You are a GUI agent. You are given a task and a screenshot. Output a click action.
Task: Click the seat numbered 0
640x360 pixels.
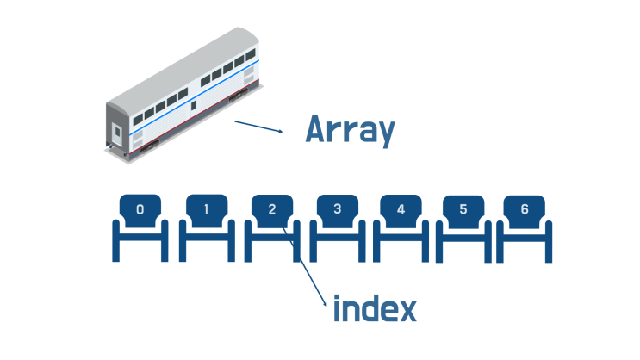pyautogui.click(x=140, y=227)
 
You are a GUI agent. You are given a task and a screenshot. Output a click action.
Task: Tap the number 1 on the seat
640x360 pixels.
pyautogui.click(x=206, y=209)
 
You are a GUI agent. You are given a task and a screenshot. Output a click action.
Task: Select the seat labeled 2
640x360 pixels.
pyautogui.click(x=272, y=227)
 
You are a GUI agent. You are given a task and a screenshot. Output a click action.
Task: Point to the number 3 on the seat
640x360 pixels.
pyautogui.click(x=337, y=209)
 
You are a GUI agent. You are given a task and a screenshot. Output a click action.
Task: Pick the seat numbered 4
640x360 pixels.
pyautogui.click(x=401, y=227)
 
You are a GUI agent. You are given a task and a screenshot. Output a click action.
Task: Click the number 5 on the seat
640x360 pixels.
pyautogui.click(x=463, y=209)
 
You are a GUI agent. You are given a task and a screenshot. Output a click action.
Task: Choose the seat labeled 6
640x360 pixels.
pyautogui.click(x=524, y=228)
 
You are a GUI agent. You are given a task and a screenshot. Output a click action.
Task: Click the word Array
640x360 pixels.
pyautogui.click(x=351, y=130)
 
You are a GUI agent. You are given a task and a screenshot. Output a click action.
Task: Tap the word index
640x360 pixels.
pyautogui.click(x=375, y=308)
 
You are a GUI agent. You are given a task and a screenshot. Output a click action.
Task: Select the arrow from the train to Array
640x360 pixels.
pyautogui.click(x=258, y=126)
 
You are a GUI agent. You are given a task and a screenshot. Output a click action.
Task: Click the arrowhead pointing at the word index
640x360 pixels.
pyautogui.click(x=325, y=303)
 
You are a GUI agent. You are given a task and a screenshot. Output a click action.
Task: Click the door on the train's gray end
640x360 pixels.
pyautogui.click(x=117, y=133)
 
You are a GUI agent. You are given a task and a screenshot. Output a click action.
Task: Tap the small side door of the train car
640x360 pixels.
pyautogui.click(x=193, y=105)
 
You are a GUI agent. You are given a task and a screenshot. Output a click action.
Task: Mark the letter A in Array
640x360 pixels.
pyautogui.click(x=317, y=128)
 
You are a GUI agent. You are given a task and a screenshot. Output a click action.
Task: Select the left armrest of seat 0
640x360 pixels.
pyautogui.click(x=116, y=240)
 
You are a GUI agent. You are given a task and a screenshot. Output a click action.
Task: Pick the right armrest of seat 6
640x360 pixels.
pyautogui.click(x=549, y=242)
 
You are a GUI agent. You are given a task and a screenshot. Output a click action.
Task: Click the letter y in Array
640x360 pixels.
pyautogui.click(x=385, y=133)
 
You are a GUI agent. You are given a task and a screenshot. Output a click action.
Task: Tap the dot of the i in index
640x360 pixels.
pyautogui.click(x=337, y=297)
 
